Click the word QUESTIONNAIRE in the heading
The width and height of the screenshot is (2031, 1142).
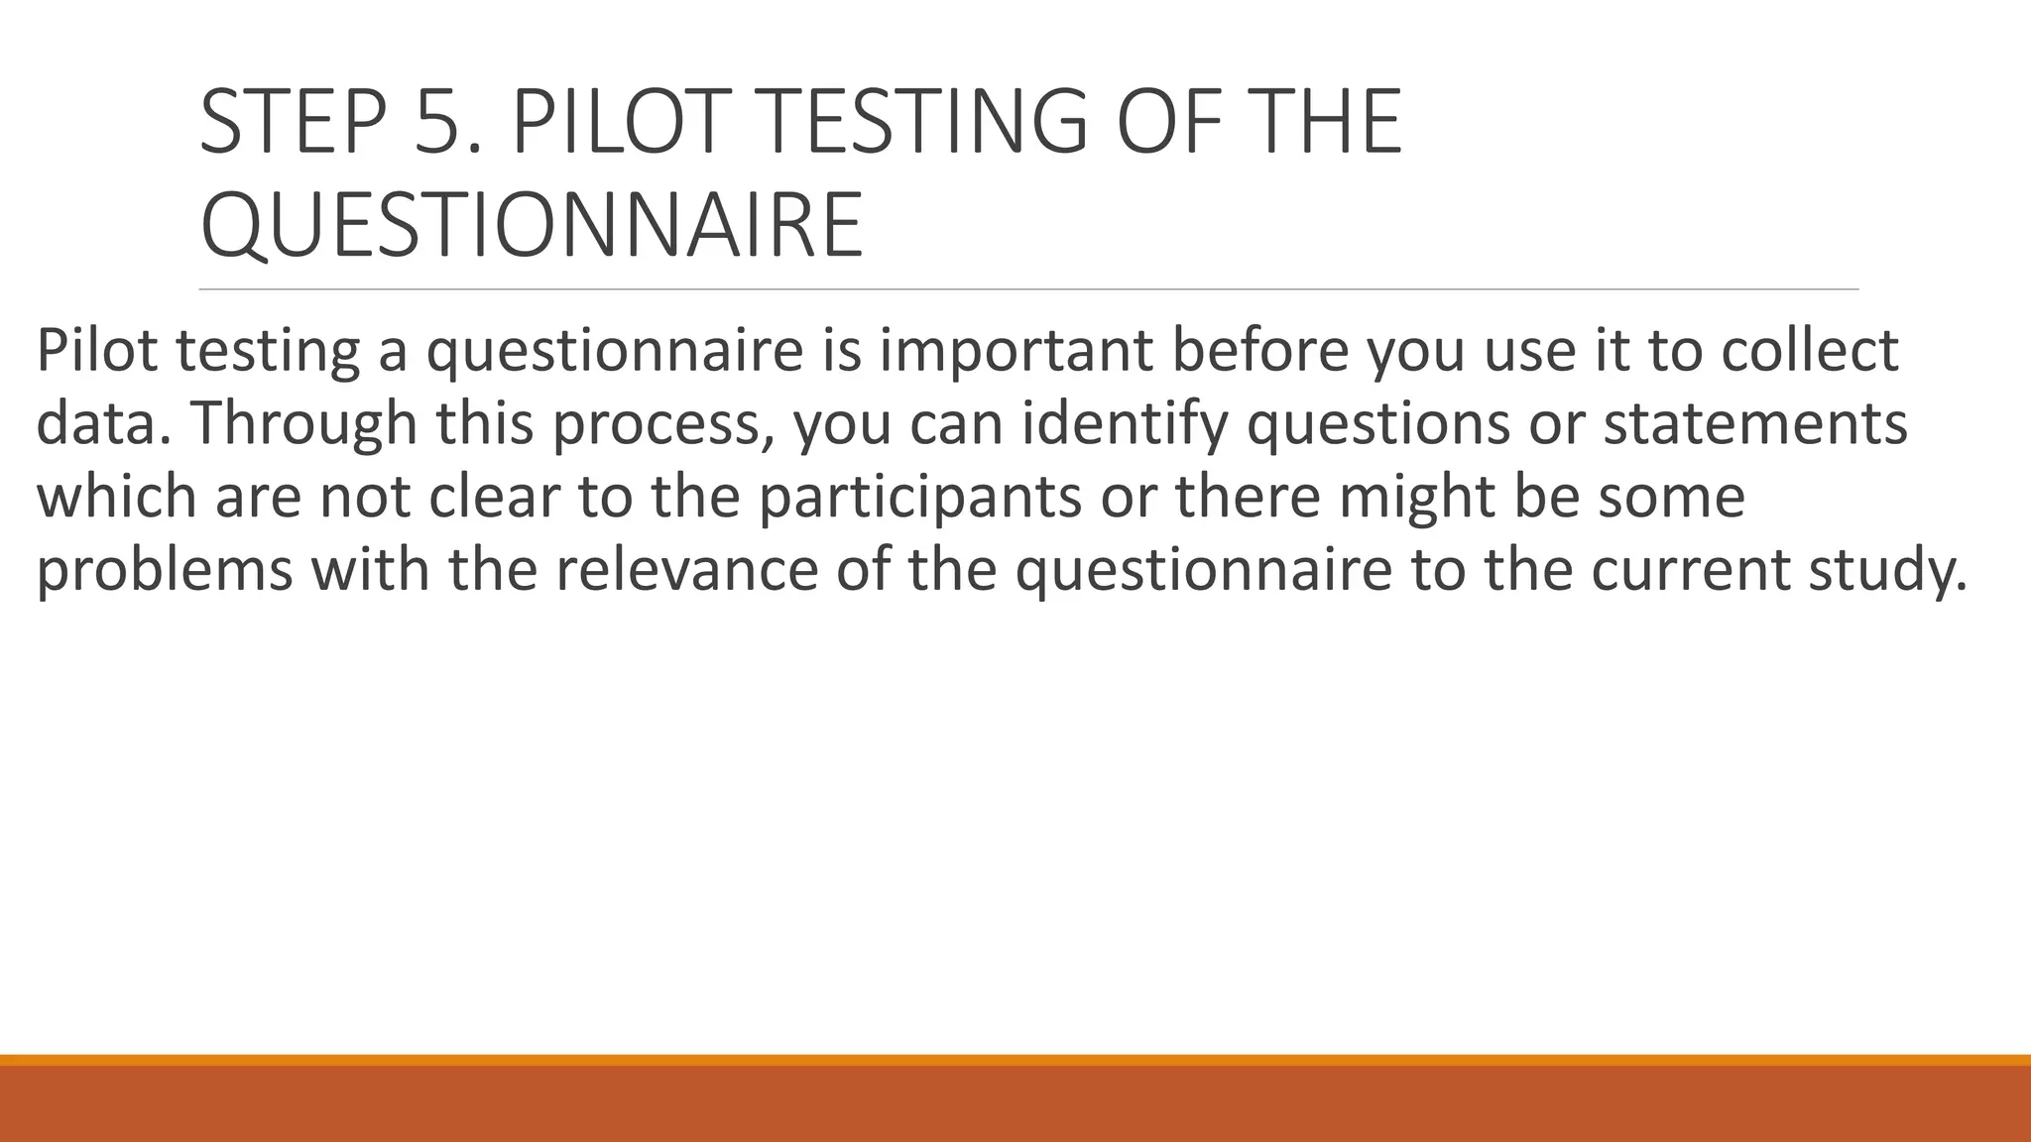point(532,226)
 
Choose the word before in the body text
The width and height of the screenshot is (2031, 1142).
point(1259,351)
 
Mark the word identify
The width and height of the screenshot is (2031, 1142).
point(1121,424)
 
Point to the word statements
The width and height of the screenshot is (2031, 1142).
point(1755,424)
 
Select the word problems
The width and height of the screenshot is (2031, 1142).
point(165,571)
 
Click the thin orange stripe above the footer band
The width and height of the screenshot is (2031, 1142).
point(1015,1060)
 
